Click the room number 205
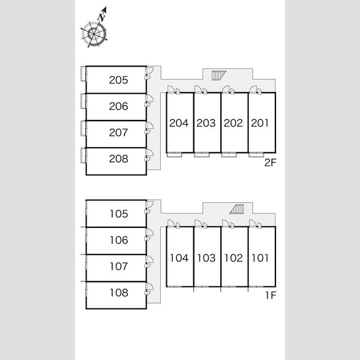coord(118,80)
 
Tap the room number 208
coord(118,158)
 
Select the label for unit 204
coord(179,123)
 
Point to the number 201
coord(260,123)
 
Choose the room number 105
coord(119,214)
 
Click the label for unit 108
coord(119,293)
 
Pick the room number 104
coord(179,258)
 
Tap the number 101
coord(260,258)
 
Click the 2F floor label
coord(270,163)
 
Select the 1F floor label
coord(271,295)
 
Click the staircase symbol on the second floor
coord(219,76)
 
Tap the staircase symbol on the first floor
coord(237,209)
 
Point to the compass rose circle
coord(94,34)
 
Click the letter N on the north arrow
coord(101,17)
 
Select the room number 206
coord(118,106)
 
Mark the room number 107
coord(119,266)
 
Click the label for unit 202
coord(233,123)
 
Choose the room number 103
coord(206,258)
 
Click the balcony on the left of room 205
coord(83,74)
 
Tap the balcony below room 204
coord(175,155)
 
